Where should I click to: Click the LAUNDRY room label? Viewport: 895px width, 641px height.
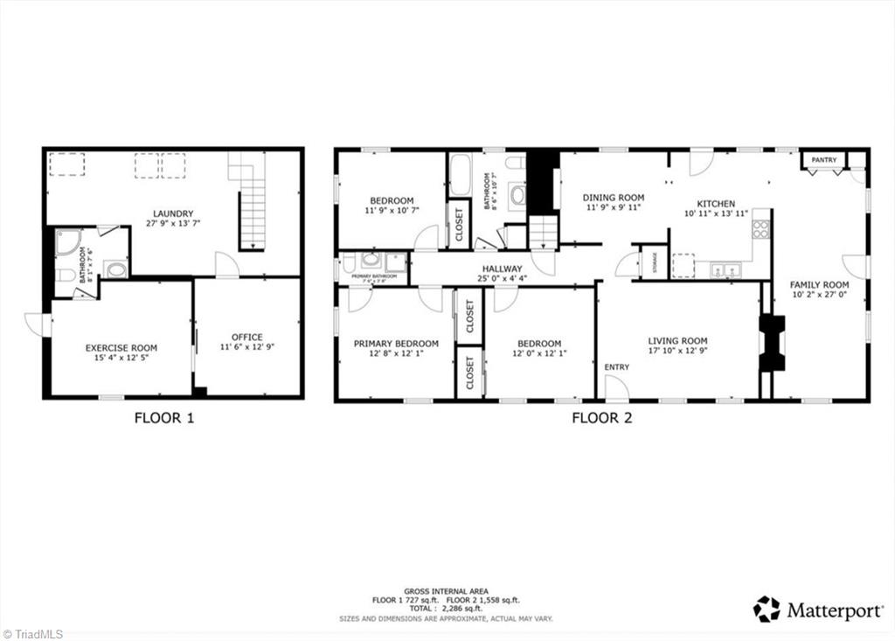173,213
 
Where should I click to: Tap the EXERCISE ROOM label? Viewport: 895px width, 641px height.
121,348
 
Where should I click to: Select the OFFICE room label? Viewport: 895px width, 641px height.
246,337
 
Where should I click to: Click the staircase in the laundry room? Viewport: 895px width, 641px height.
252,210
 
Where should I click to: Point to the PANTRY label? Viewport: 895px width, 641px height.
823,160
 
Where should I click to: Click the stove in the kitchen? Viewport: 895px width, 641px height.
760,229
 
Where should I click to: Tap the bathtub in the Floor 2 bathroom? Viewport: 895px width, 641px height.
461,175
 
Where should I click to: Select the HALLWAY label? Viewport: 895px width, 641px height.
502,268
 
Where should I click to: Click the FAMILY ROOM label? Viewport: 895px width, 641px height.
819,284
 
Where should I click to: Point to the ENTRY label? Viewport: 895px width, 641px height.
616,367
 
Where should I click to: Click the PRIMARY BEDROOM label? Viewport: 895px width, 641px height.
396,344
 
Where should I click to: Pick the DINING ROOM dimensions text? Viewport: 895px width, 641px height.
614,209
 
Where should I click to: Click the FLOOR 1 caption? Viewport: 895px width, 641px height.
163,418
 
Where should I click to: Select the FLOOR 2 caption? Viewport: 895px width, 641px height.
601,418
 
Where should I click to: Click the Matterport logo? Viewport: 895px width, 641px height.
817,610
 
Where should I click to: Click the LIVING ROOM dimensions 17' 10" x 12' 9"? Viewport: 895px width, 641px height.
677,352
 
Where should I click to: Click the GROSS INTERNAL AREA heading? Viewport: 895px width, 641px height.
446,591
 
